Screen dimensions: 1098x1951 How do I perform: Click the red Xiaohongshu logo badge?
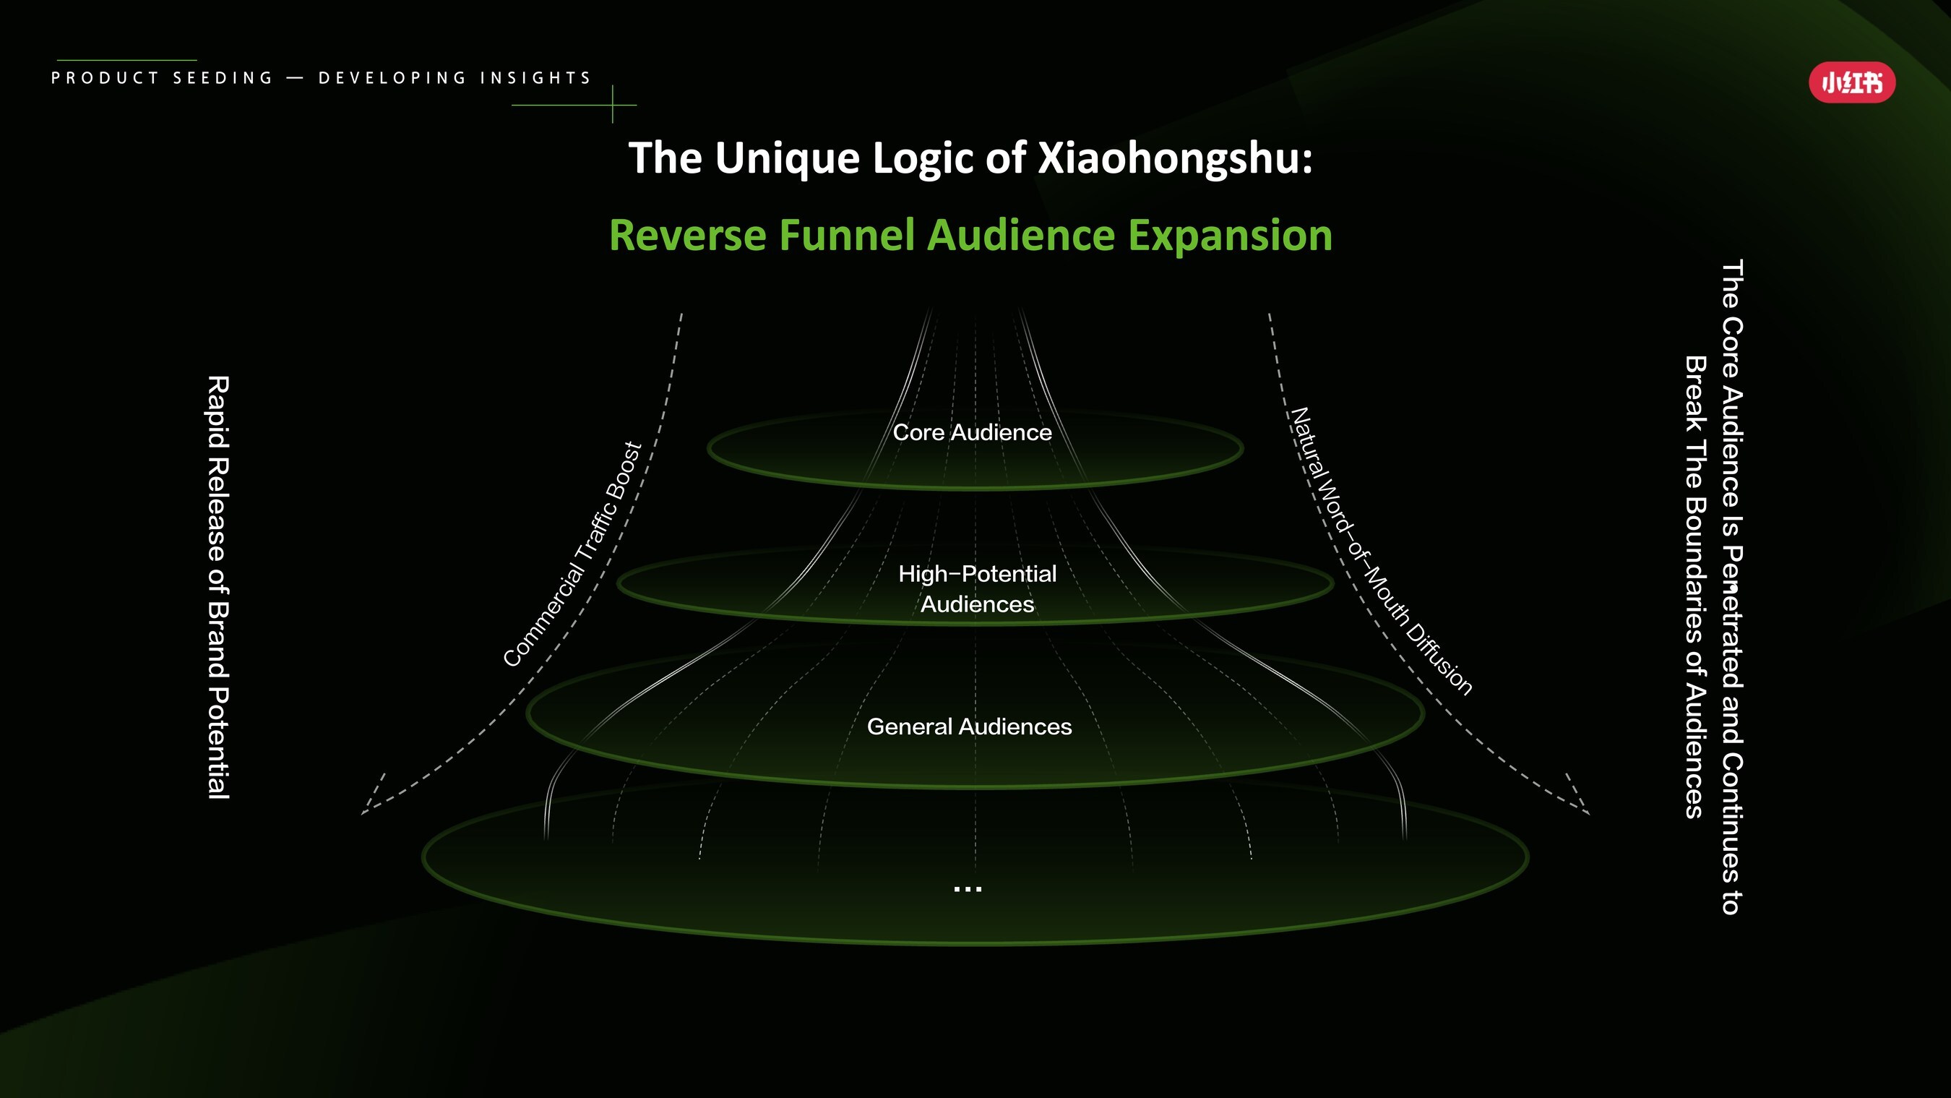pos(1852,82)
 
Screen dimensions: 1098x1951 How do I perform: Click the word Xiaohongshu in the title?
pos(1174,158)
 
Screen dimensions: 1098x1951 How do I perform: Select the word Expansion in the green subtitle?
pos(1230,235)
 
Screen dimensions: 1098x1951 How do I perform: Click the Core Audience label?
pos(972,433)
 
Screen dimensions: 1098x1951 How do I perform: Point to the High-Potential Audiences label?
pos(977,589)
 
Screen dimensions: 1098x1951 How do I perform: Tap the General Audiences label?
pos(969,726)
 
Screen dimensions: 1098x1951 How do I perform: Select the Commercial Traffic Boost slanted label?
pos(572,554)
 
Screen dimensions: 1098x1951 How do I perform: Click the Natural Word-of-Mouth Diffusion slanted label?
pos(1381,552)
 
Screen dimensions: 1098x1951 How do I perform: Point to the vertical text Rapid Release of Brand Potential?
pos(218,587)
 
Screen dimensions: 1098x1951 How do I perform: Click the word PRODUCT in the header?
pos(105,78)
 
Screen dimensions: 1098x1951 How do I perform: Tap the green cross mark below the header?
pos(612,105)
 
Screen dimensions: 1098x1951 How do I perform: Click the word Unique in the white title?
pos(787,158)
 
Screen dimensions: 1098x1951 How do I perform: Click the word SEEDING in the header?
pos(223,78)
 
